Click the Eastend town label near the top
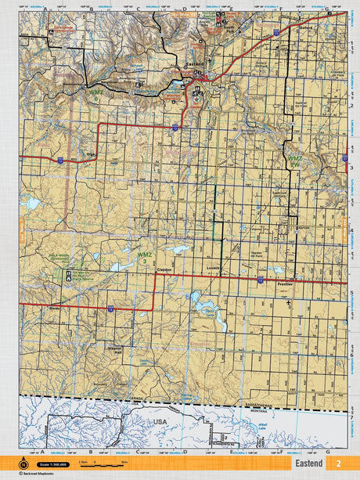196,66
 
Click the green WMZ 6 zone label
95,93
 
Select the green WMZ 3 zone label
145,257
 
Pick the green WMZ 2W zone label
295,160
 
